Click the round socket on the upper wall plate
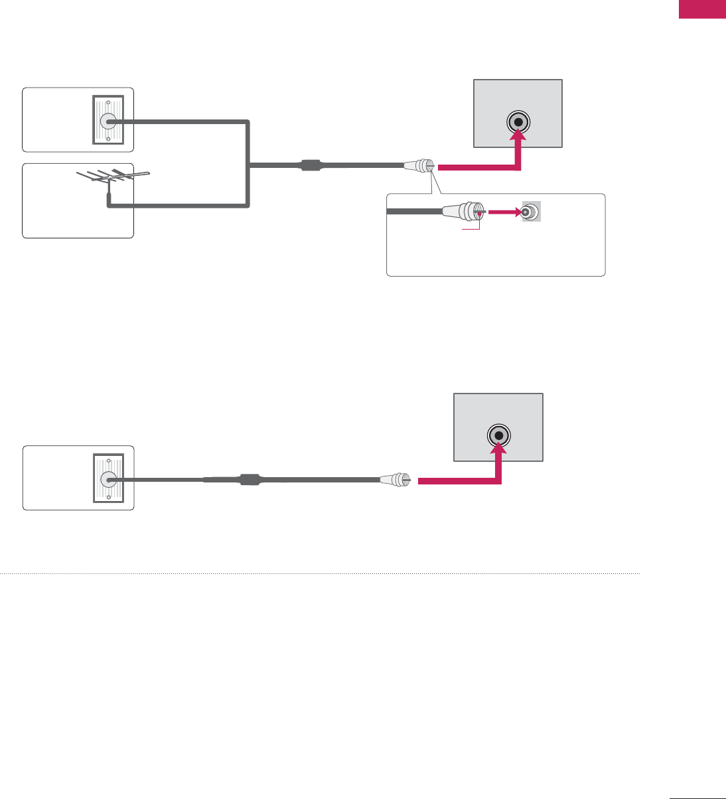(x=108, y=121)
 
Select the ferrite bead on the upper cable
(x=311, y=165)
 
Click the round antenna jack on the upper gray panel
(x=518, y=123)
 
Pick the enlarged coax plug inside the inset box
(x=464, y=212)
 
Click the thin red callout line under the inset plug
(x=471, y=230)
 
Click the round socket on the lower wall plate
(x=108, y=480)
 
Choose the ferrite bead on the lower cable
(x=250, y=479)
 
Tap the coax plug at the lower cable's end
(x=397, y=479)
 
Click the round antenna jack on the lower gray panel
(x=498, y=436)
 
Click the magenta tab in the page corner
(x=702, y=9)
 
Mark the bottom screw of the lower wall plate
(x=108, y=498)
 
